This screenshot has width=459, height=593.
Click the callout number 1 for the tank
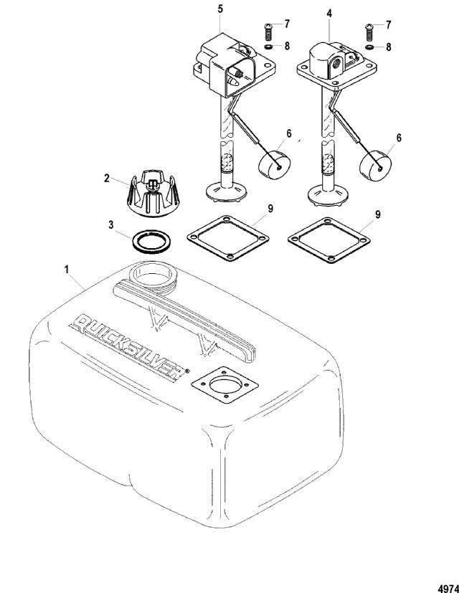(x=67, y=270)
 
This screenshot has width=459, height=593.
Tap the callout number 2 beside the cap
(x=107, y=178)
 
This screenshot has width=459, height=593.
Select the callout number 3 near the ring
(x=111, y=224)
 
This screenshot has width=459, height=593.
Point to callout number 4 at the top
(x=329, y=14)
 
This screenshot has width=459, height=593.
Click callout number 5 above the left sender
(x=220, y=9)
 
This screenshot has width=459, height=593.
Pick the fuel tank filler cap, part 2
(x=154, y=193)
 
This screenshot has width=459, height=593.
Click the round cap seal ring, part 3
(x=151, y=242)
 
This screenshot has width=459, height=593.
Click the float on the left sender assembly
(x=275, y=165)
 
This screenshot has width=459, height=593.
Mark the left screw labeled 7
(x=268, y=32)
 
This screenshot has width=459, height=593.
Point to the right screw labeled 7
(x=369, y=32)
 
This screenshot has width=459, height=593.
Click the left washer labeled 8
(x=268, y=47)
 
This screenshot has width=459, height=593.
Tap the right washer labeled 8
(x=369, y=47)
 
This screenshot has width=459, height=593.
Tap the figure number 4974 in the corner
(x=448, y=589)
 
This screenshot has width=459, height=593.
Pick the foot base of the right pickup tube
(x=328, y=195)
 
